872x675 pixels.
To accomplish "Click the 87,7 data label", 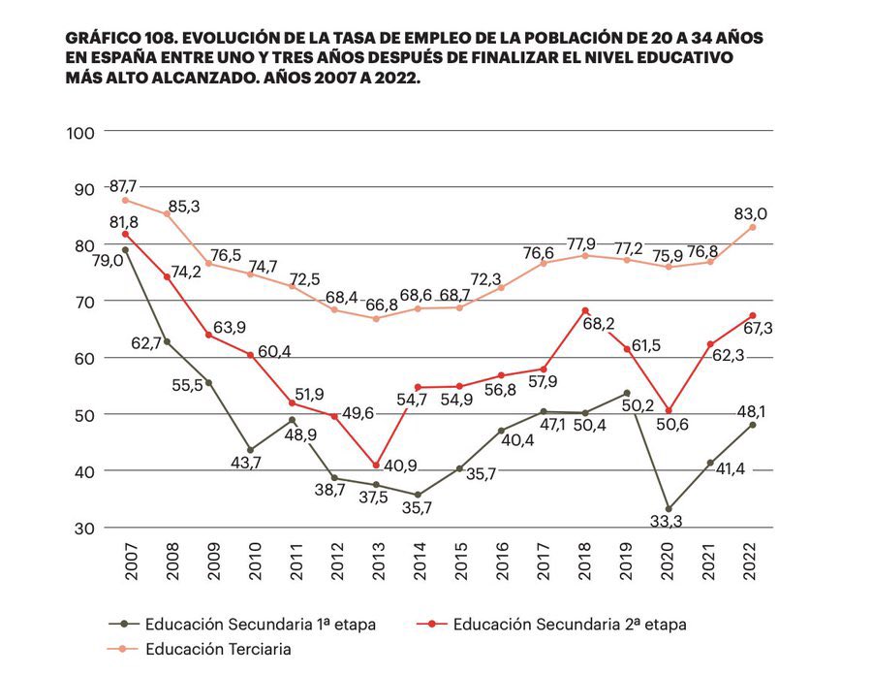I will coord(123,185).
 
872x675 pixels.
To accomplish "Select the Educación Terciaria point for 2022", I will coord(752,227).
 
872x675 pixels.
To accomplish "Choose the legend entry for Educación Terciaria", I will coord(218,649).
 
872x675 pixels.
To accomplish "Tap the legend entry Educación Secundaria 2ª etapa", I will coord(569,624).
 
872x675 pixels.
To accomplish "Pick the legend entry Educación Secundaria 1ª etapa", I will coord(260,624).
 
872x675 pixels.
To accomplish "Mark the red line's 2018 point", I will coord(585,310).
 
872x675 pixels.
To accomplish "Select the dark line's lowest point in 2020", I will coord(669,508).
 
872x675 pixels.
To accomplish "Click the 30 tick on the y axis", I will coord(82,528).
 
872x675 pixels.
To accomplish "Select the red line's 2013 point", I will coord(376,466).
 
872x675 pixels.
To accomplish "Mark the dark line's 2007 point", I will coord(125,250).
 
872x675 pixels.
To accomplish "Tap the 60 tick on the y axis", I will coord(82,358).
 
